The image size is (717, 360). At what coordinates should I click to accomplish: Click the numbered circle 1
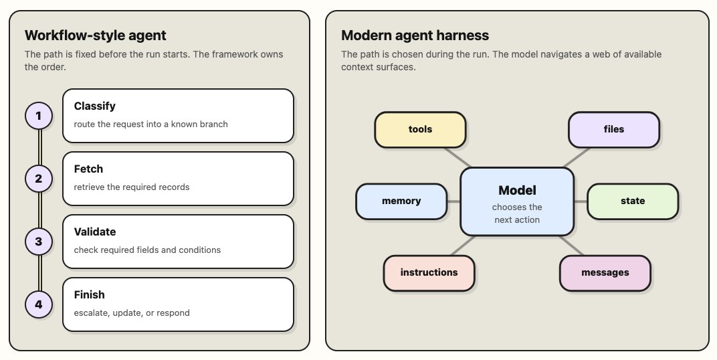pos(38,116)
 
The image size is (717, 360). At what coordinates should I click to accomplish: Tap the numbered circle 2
pos(38,179)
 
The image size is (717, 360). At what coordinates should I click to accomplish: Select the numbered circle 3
pos(38,242)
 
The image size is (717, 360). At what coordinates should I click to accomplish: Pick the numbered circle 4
pos(38,304)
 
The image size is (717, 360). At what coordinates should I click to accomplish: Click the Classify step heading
pos(95,106)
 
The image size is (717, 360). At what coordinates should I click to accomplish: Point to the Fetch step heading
pos(88,169)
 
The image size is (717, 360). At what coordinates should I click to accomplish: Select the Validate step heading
pos(95,232)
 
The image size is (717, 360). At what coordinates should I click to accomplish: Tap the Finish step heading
pos(89,294)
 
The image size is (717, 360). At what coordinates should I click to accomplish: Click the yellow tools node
pos(420,129)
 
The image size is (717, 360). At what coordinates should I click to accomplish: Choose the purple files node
pos(613,129)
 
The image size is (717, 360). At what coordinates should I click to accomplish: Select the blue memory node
pos(401,201)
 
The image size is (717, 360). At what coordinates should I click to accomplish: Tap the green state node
pos(633,201)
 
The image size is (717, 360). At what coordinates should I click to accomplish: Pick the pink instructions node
pos(429,273)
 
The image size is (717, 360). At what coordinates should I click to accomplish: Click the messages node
pos(605,273)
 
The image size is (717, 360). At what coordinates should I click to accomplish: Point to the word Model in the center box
pos(517,190)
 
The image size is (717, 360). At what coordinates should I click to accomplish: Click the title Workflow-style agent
pos(96,35)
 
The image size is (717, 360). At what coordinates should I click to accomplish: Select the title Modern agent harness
pos(415,35)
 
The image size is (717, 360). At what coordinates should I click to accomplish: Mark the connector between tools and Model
pos(457,158)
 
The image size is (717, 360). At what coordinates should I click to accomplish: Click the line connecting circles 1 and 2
pos(39,147)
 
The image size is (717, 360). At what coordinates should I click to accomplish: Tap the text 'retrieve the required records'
pos(132,187)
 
